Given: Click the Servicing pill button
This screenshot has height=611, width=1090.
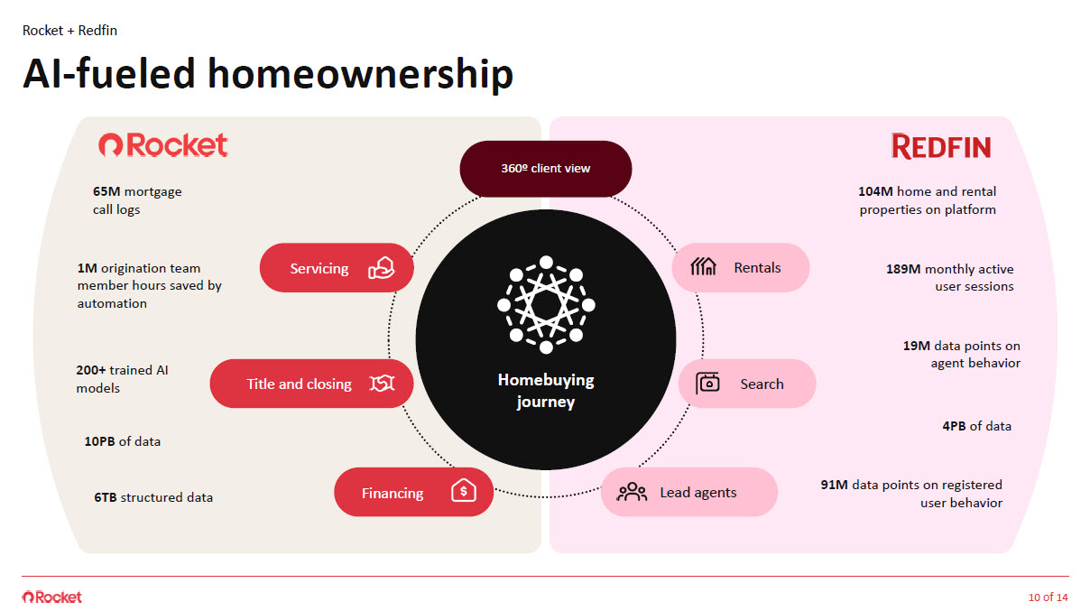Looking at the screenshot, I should click(x=336, y=268).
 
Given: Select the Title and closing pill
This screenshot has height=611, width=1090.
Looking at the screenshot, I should click(x=311, y=384).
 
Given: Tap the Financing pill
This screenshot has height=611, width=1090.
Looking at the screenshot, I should click(x=413, y=493).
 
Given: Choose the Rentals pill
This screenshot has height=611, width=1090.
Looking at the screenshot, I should click(x=740, y=267).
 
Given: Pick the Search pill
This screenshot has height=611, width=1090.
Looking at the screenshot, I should click(x=746, y=384).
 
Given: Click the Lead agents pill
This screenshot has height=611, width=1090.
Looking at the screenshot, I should click(x=688, y=492).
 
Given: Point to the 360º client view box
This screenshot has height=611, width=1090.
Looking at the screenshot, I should click(x=545, y=168).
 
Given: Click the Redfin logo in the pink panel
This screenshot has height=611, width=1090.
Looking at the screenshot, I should click(x=940, y=146).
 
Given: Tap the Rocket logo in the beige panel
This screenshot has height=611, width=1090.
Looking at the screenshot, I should click(x=163, y=145).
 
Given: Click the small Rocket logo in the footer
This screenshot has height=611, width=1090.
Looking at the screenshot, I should click(x=52, y=597).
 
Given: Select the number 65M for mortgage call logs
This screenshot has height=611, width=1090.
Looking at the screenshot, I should click(x=107, y=191).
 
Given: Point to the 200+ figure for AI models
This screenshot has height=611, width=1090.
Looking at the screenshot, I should click(x=92, y=370).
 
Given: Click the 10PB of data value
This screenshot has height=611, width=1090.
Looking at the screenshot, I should click(x=99, y=441).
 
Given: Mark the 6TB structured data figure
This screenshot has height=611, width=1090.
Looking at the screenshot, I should click(x=105, y=497).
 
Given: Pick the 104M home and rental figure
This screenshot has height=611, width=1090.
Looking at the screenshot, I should click(x=876, y=191).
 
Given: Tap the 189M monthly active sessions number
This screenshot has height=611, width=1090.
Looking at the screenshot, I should click(x=903, y=269).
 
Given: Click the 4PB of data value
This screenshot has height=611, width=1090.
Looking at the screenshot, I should click(x=954, y=426).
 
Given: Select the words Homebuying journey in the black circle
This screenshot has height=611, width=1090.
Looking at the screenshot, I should click(x=545, y=391).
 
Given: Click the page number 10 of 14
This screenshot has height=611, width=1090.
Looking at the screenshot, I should click(x=1048, y=597).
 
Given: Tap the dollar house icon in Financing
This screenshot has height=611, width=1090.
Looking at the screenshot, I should click(x=463, y=492).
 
